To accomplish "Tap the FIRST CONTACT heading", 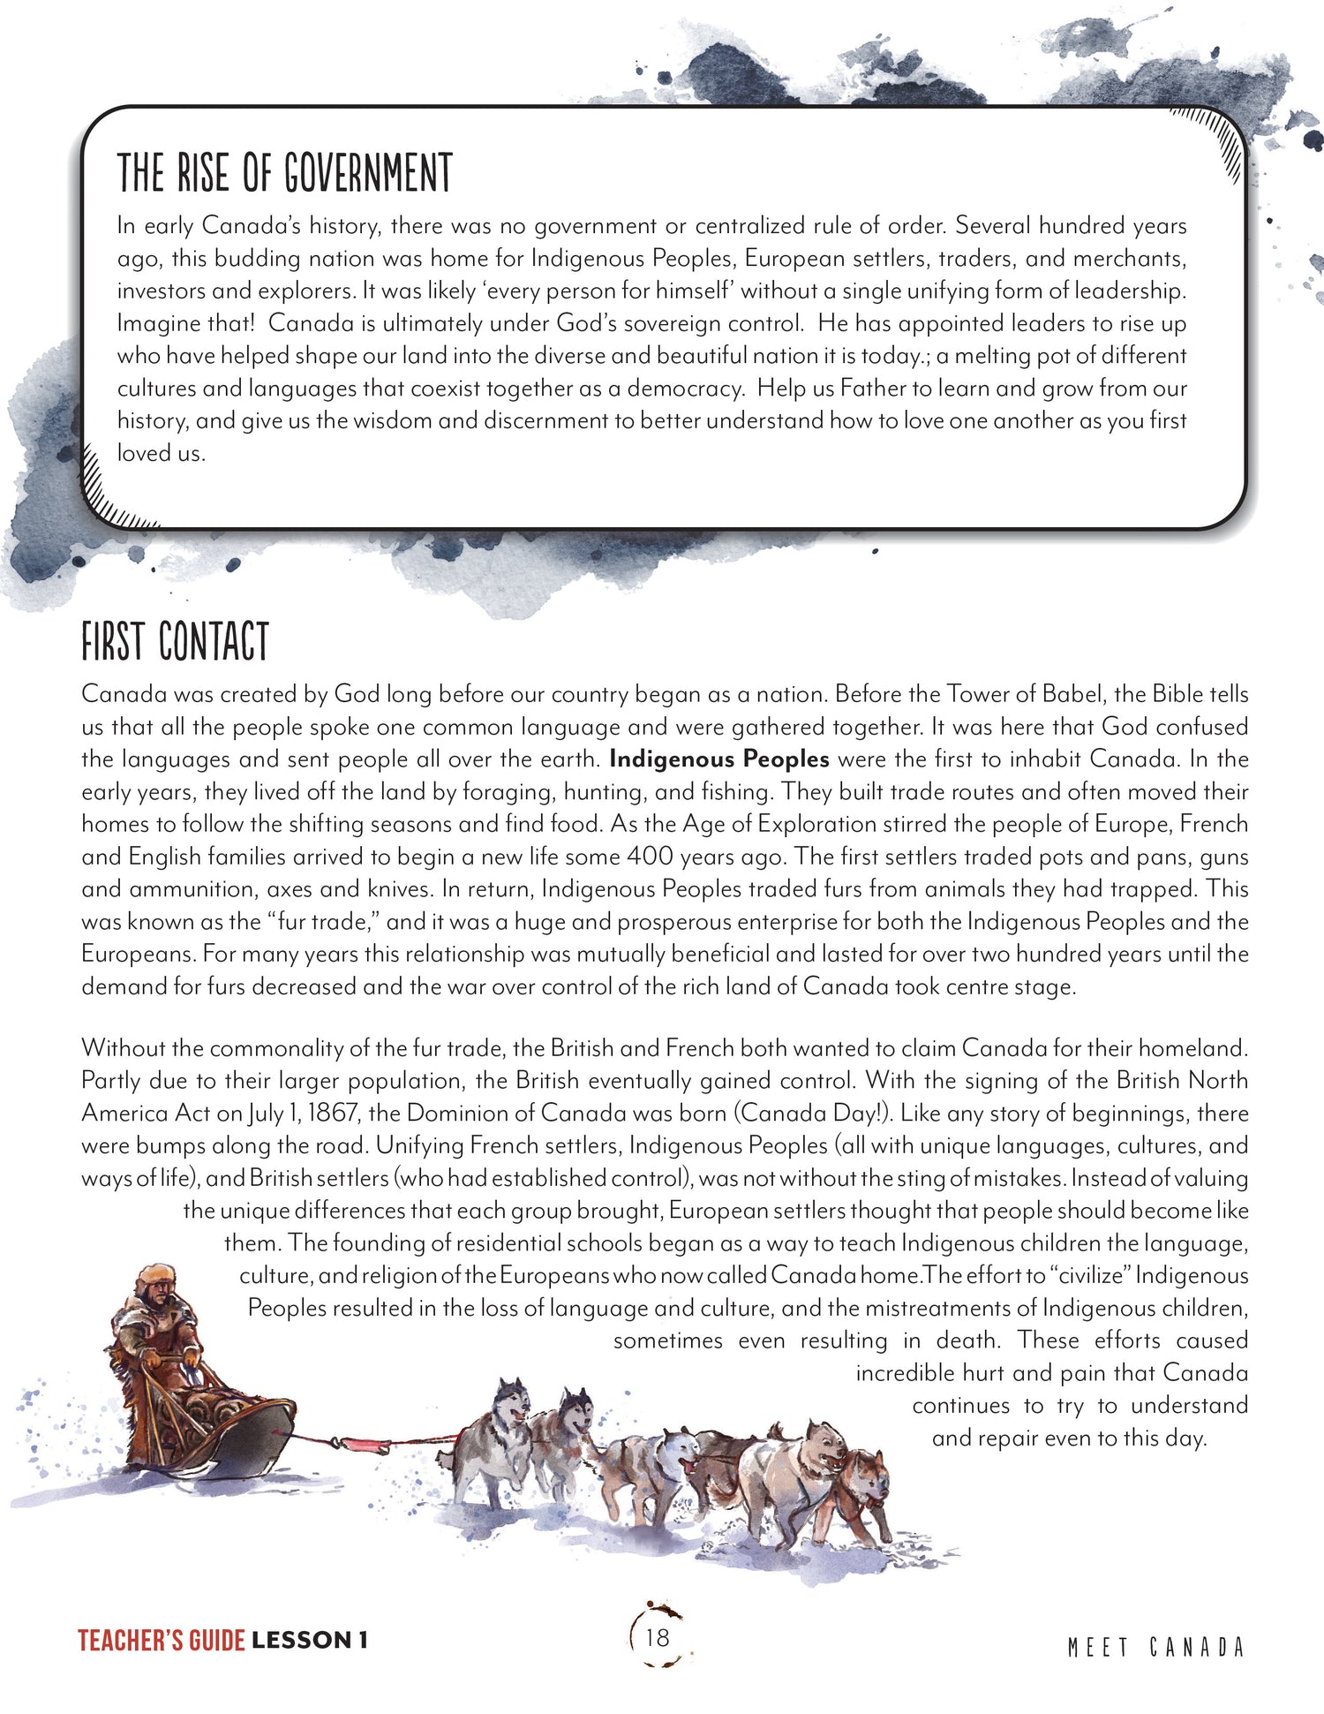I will (175, 642).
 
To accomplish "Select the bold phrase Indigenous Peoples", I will (719, 759).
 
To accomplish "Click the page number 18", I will (658, 1638).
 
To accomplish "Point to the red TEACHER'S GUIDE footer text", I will (161, 1641).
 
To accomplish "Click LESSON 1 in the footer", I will (309, 1641).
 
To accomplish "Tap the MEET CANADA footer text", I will (1155, 1648).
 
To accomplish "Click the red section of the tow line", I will (362, 1445).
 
